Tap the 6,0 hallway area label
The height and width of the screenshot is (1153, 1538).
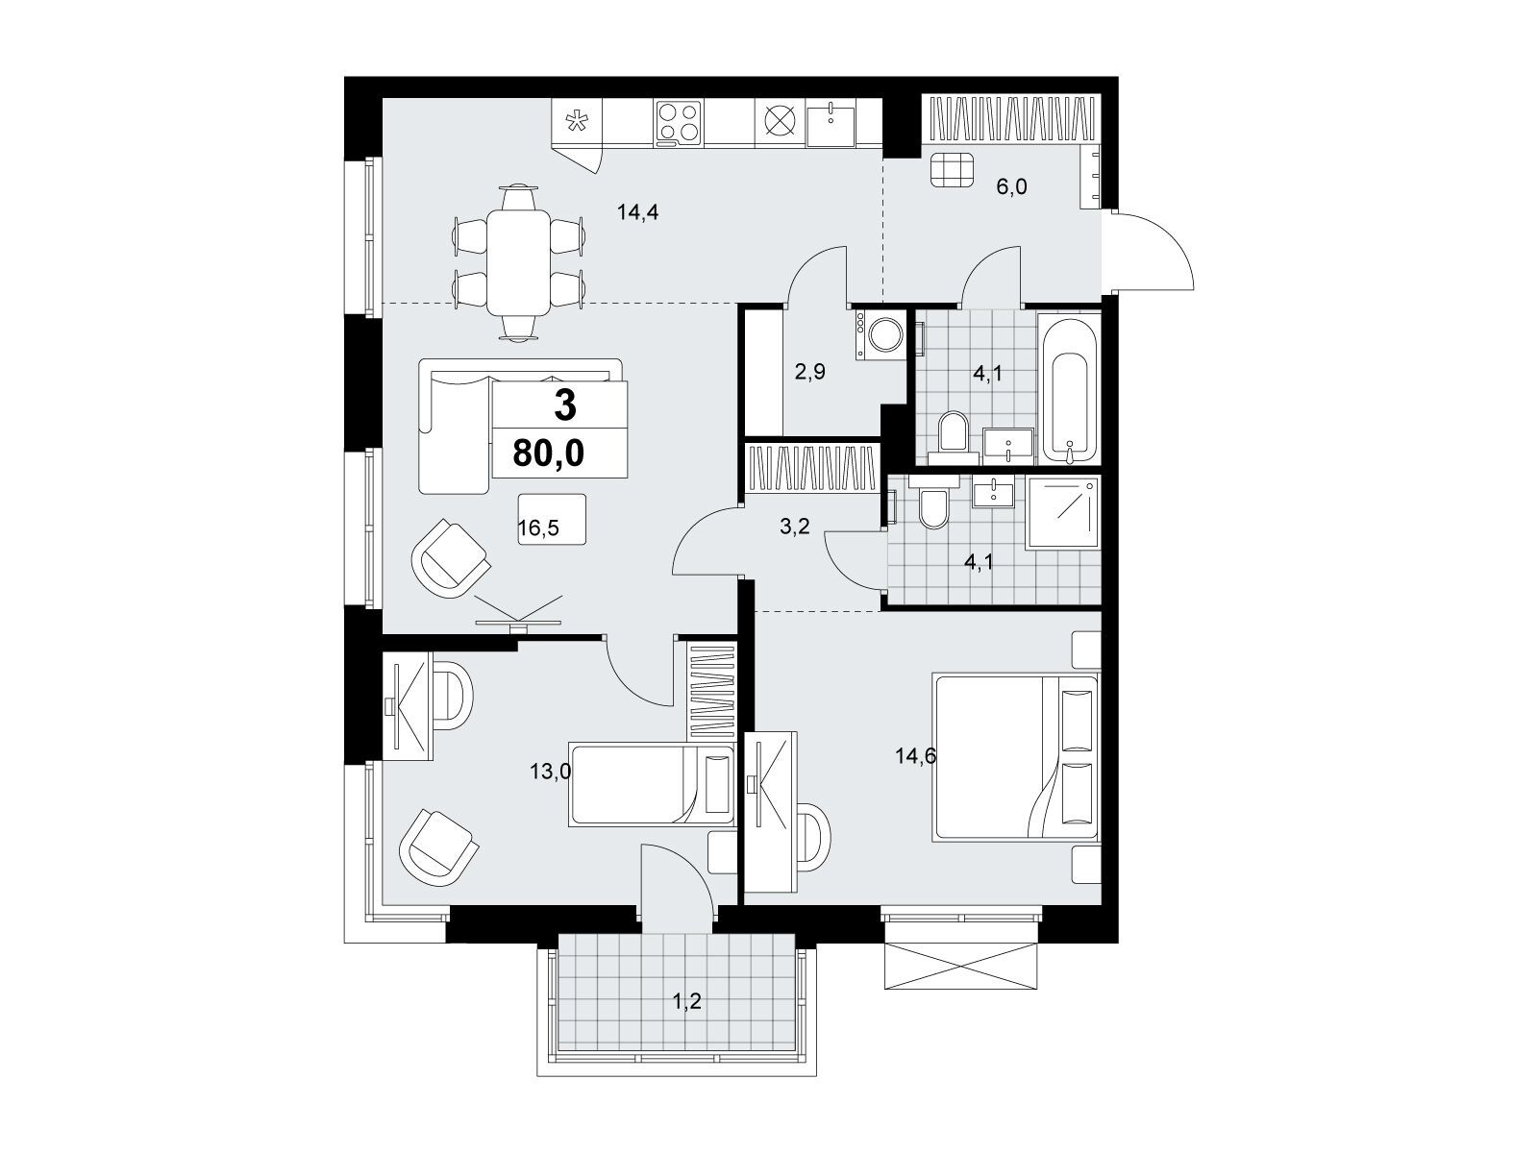[1011, 187]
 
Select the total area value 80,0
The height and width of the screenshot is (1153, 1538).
[549, 454]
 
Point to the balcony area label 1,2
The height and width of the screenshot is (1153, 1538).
[686, 1002]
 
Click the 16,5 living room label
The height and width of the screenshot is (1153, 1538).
[538, 527]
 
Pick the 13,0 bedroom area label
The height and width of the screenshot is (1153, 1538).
[551, 773]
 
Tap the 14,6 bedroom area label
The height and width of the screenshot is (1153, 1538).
[916, 756]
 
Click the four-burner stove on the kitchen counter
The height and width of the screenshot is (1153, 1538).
[679, 122]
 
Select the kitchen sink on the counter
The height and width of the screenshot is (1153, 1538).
[831, 125]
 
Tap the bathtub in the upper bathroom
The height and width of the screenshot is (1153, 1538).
[1069, 388]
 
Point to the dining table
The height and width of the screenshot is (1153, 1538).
[518, 262]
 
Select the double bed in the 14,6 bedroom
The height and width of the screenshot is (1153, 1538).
[1015, 757]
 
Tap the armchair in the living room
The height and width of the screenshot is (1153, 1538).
[449, 558]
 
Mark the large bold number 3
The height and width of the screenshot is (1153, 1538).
[565, 406]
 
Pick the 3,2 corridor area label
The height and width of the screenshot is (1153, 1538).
[795, 526]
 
